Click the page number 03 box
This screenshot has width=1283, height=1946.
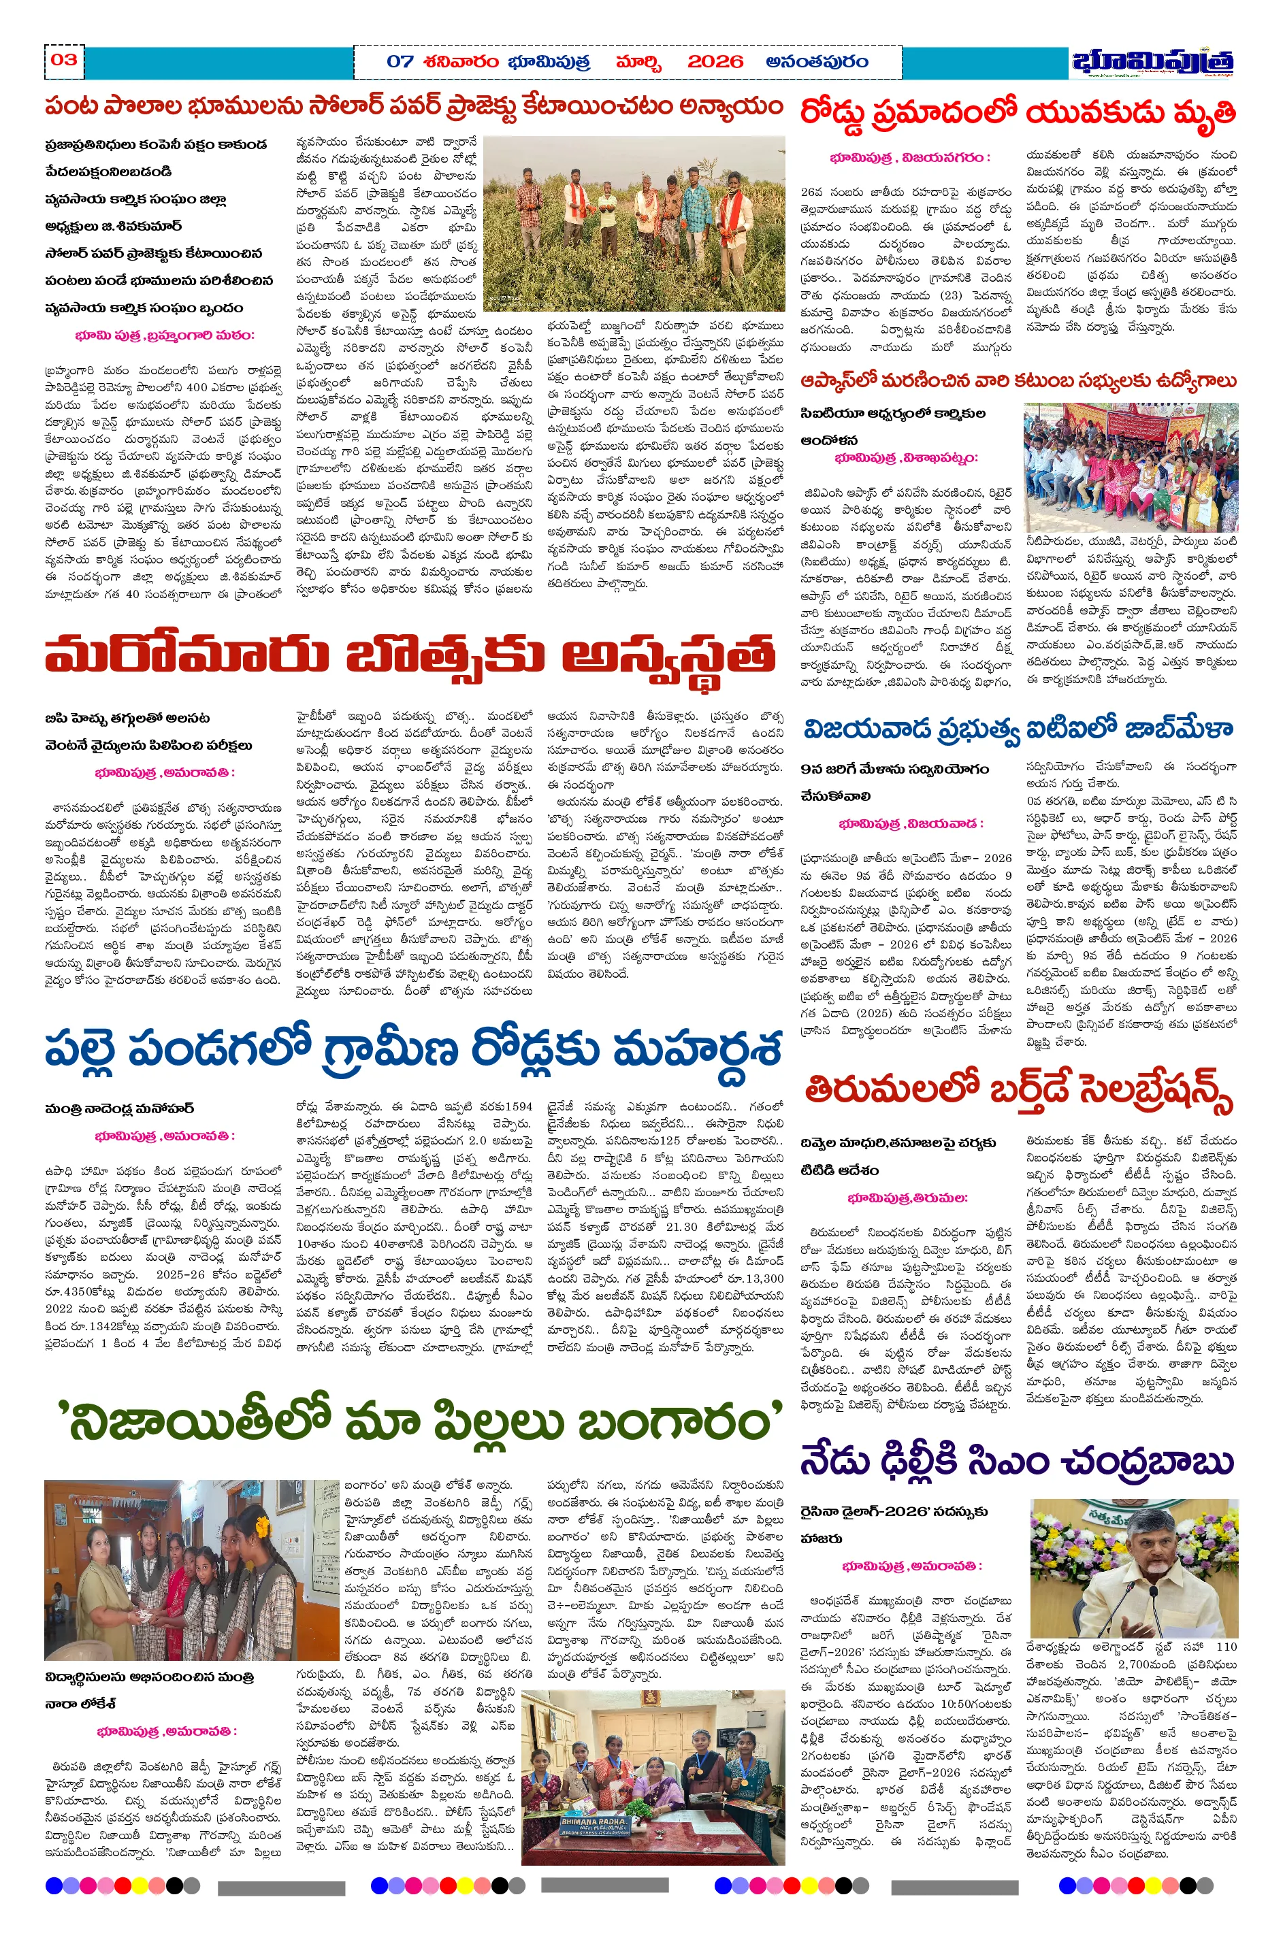64,60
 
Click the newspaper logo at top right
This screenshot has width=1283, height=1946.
1153,62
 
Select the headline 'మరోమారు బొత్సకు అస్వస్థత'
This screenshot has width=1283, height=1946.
409,655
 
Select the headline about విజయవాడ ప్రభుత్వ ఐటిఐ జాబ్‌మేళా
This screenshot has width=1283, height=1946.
1018,728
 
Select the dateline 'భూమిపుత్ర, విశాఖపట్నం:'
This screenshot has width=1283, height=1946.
907,458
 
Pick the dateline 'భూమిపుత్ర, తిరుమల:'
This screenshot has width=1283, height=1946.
907,1198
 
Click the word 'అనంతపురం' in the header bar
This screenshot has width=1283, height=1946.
817,61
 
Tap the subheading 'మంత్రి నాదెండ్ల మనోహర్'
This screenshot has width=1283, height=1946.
120,1109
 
